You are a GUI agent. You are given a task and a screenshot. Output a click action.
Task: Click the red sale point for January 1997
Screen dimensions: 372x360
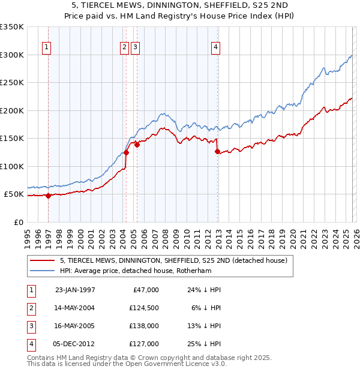pos(49,196)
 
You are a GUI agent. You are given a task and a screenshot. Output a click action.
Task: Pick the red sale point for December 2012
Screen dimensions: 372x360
pos(217,151)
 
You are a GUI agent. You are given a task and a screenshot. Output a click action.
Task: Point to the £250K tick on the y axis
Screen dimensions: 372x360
pos(12,82)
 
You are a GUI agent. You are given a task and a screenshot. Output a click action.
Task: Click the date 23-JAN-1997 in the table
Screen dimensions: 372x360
pos(75,290)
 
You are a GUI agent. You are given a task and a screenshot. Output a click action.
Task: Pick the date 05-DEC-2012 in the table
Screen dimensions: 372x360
pos(75,344)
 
